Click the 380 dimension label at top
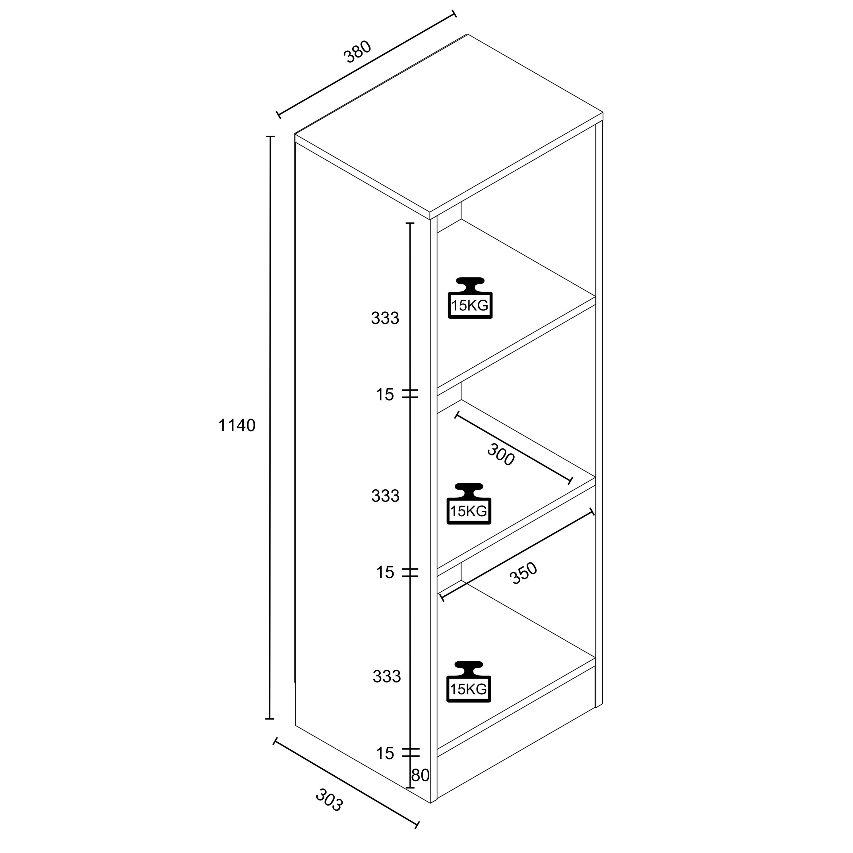click(358, 52)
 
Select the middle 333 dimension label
click(385, 496)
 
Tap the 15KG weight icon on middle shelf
click(469, 504)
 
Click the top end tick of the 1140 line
click(270, 136)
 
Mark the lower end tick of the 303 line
click(417, 824)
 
